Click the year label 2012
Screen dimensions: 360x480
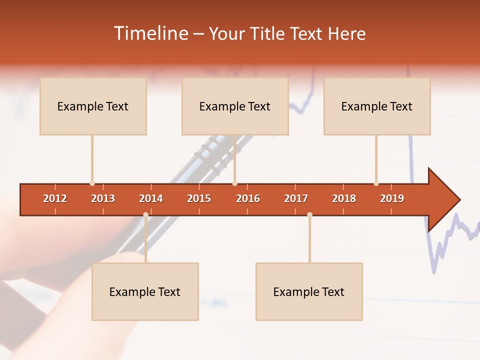(x=55, y=198)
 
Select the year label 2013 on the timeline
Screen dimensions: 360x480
(x=103, y=198)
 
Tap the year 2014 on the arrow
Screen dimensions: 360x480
(x=151, y=198)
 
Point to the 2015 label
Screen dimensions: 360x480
(x=199, y=198)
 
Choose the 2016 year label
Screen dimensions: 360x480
(x=248, y=198)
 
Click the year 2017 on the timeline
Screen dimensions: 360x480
(x=296, y=198)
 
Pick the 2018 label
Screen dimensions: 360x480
(x=344, y=198)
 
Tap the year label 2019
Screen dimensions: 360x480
(x=392, y=198)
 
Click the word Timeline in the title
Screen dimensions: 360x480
(x=150, y=33)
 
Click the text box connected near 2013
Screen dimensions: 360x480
(x=93, y=106)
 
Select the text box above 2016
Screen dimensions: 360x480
(x=235, y=106)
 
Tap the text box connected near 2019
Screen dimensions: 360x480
(x=377, y=106)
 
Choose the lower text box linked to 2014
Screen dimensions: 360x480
(x=145, y=292)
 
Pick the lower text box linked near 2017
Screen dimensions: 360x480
(x=309, y=292)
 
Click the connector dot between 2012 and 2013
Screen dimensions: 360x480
(x=92, y=183)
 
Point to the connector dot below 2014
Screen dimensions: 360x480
(x=145, y=215)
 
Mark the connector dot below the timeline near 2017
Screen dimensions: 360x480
(x=309, y=215)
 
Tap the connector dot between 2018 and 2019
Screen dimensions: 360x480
(x=376, y=183)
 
